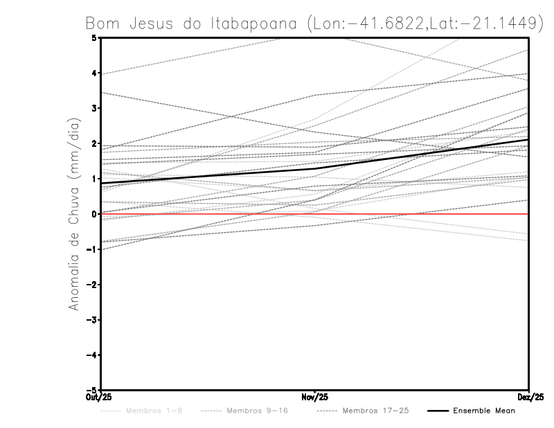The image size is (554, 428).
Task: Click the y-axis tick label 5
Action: click(x=94, y=37)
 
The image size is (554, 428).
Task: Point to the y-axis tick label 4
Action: click(x=94, y=73)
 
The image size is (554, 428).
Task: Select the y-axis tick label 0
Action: click(x=94, y=214)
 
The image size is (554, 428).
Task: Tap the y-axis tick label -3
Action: click(x=93, y=320)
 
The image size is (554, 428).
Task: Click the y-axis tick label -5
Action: click(x=93, y=391)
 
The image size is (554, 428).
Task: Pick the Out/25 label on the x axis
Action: click(x=99, y=398)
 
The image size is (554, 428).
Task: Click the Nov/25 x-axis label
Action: click(x=314, y=398)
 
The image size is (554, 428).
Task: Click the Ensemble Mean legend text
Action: click(x=484, y=411)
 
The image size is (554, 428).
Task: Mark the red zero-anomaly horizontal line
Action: click(x=208, y=214)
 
